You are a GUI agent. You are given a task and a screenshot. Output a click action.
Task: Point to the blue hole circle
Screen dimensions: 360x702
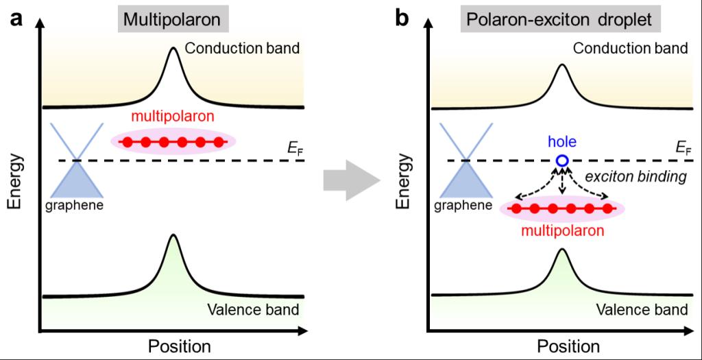[562, 160]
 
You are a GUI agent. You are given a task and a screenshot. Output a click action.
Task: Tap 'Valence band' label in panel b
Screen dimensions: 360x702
[641, 309]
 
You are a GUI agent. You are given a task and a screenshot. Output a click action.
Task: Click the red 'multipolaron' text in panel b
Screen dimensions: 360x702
[562, 230]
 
